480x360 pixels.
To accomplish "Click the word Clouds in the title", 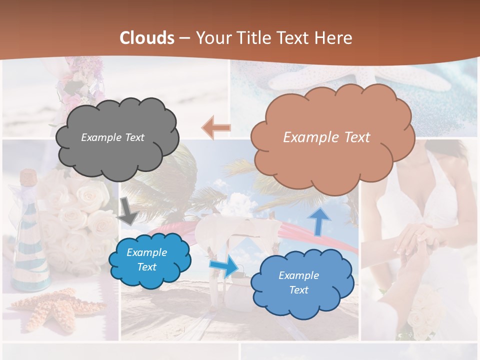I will click(147, 38).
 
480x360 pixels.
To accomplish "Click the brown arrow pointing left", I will click(216, 128).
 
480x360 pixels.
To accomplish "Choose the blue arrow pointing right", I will click(223, 266).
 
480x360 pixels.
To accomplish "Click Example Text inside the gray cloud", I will click(112, 137).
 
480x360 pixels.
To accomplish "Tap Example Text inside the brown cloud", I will click(326, 137).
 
